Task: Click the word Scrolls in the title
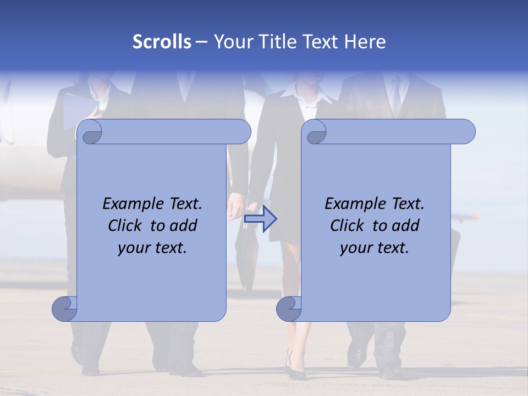(162, 42)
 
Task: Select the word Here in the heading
(365, 42)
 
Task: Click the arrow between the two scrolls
(261, 219)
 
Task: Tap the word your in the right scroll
(356, 248)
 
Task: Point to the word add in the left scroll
(184, 226)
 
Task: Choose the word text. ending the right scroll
(392, 248)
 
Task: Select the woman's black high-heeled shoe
(296, 371)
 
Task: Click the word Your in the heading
(232, 42)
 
